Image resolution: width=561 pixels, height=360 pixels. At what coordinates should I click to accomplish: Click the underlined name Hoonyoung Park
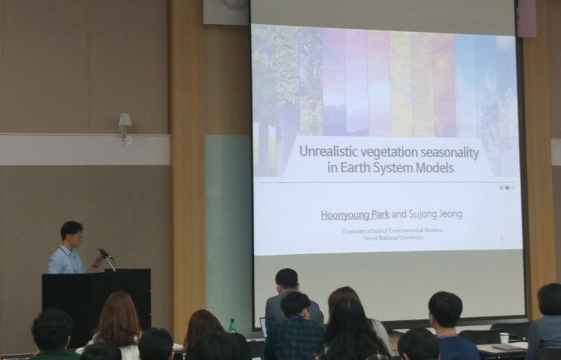(x=355, y=215)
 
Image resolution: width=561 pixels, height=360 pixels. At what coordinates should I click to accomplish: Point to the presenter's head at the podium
(x=72, y=231)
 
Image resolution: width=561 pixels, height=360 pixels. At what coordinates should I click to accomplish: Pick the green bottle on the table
(x=232, y=325)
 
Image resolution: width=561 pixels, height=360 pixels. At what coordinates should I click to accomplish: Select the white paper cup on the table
(x=503, y=337)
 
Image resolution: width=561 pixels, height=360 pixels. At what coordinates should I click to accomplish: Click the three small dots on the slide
(x=506, y=187)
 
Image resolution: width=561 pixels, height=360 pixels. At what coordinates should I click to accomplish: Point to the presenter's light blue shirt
(x=67, y=260)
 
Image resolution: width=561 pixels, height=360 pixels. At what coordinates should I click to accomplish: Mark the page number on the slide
(x=501, y=240)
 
